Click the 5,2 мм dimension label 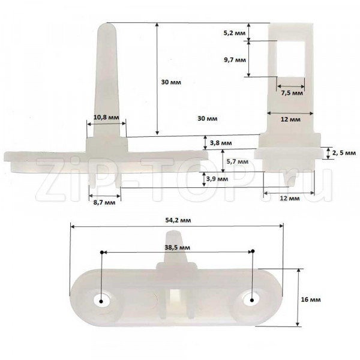[x=235, y=33]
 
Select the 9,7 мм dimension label [x=235, y=60]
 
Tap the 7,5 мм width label [x=292, y=93]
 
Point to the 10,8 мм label [x=106, y=118]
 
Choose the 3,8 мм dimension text [x=221, y=143]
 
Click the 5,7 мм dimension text [x=238, y=161]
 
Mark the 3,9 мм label [x=217, y=179]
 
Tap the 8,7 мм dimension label [x=104, y=203]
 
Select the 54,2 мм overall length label [x=178, y=220]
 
